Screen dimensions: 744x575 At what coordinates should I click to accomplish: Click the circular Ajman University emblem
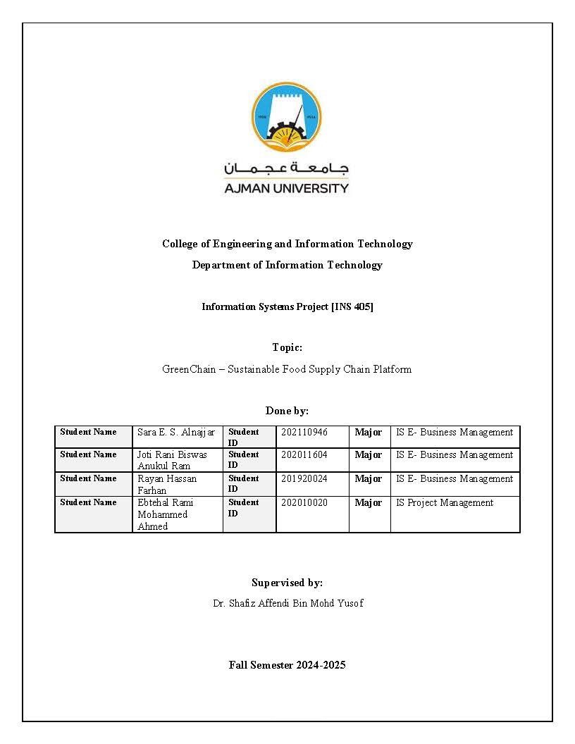tap(287, 118)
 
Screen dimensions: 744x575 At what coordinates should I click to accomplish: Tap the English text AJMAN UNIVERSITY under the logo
tap(286, 188)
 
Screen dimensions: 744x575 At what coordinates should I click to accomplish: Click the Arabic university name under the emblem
tap(286, 169)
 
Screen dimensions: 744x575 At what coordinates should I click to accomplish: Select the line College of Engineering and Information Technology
tap(287, 244)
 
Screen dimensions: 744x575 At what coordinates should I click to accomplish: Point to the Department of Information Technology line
tap(287, 265)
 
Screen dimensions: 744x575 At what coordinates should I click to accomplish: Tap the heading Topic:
tap(287, 347)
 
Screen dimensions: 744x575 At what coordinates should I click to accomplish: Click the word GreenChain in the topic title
tap(188, 369)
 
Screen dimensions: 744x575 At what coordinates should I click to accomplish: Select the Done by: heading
tap(287, 411)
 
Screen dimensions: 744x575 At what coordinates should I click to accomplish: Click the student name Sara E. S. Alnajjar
tap(176, 432)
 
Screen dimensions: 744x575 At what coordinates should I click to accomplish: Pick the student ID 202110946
tap(304, 432)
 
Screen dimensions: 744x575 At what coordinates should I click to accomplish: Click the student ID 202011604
tap(304, 455)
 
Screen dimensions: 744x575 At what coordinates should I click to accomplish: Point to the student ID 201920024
tap(304, 479)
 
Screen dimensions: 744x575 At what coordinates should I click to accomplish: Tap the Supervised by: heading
tap(287, 583)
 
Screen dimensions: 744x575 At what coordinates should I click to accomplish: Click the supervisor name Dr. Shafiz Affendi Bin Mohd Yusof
tap(287, 603)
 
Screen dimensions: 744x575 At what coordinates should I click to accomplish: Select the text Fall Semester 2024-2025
tap(287, 665)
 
